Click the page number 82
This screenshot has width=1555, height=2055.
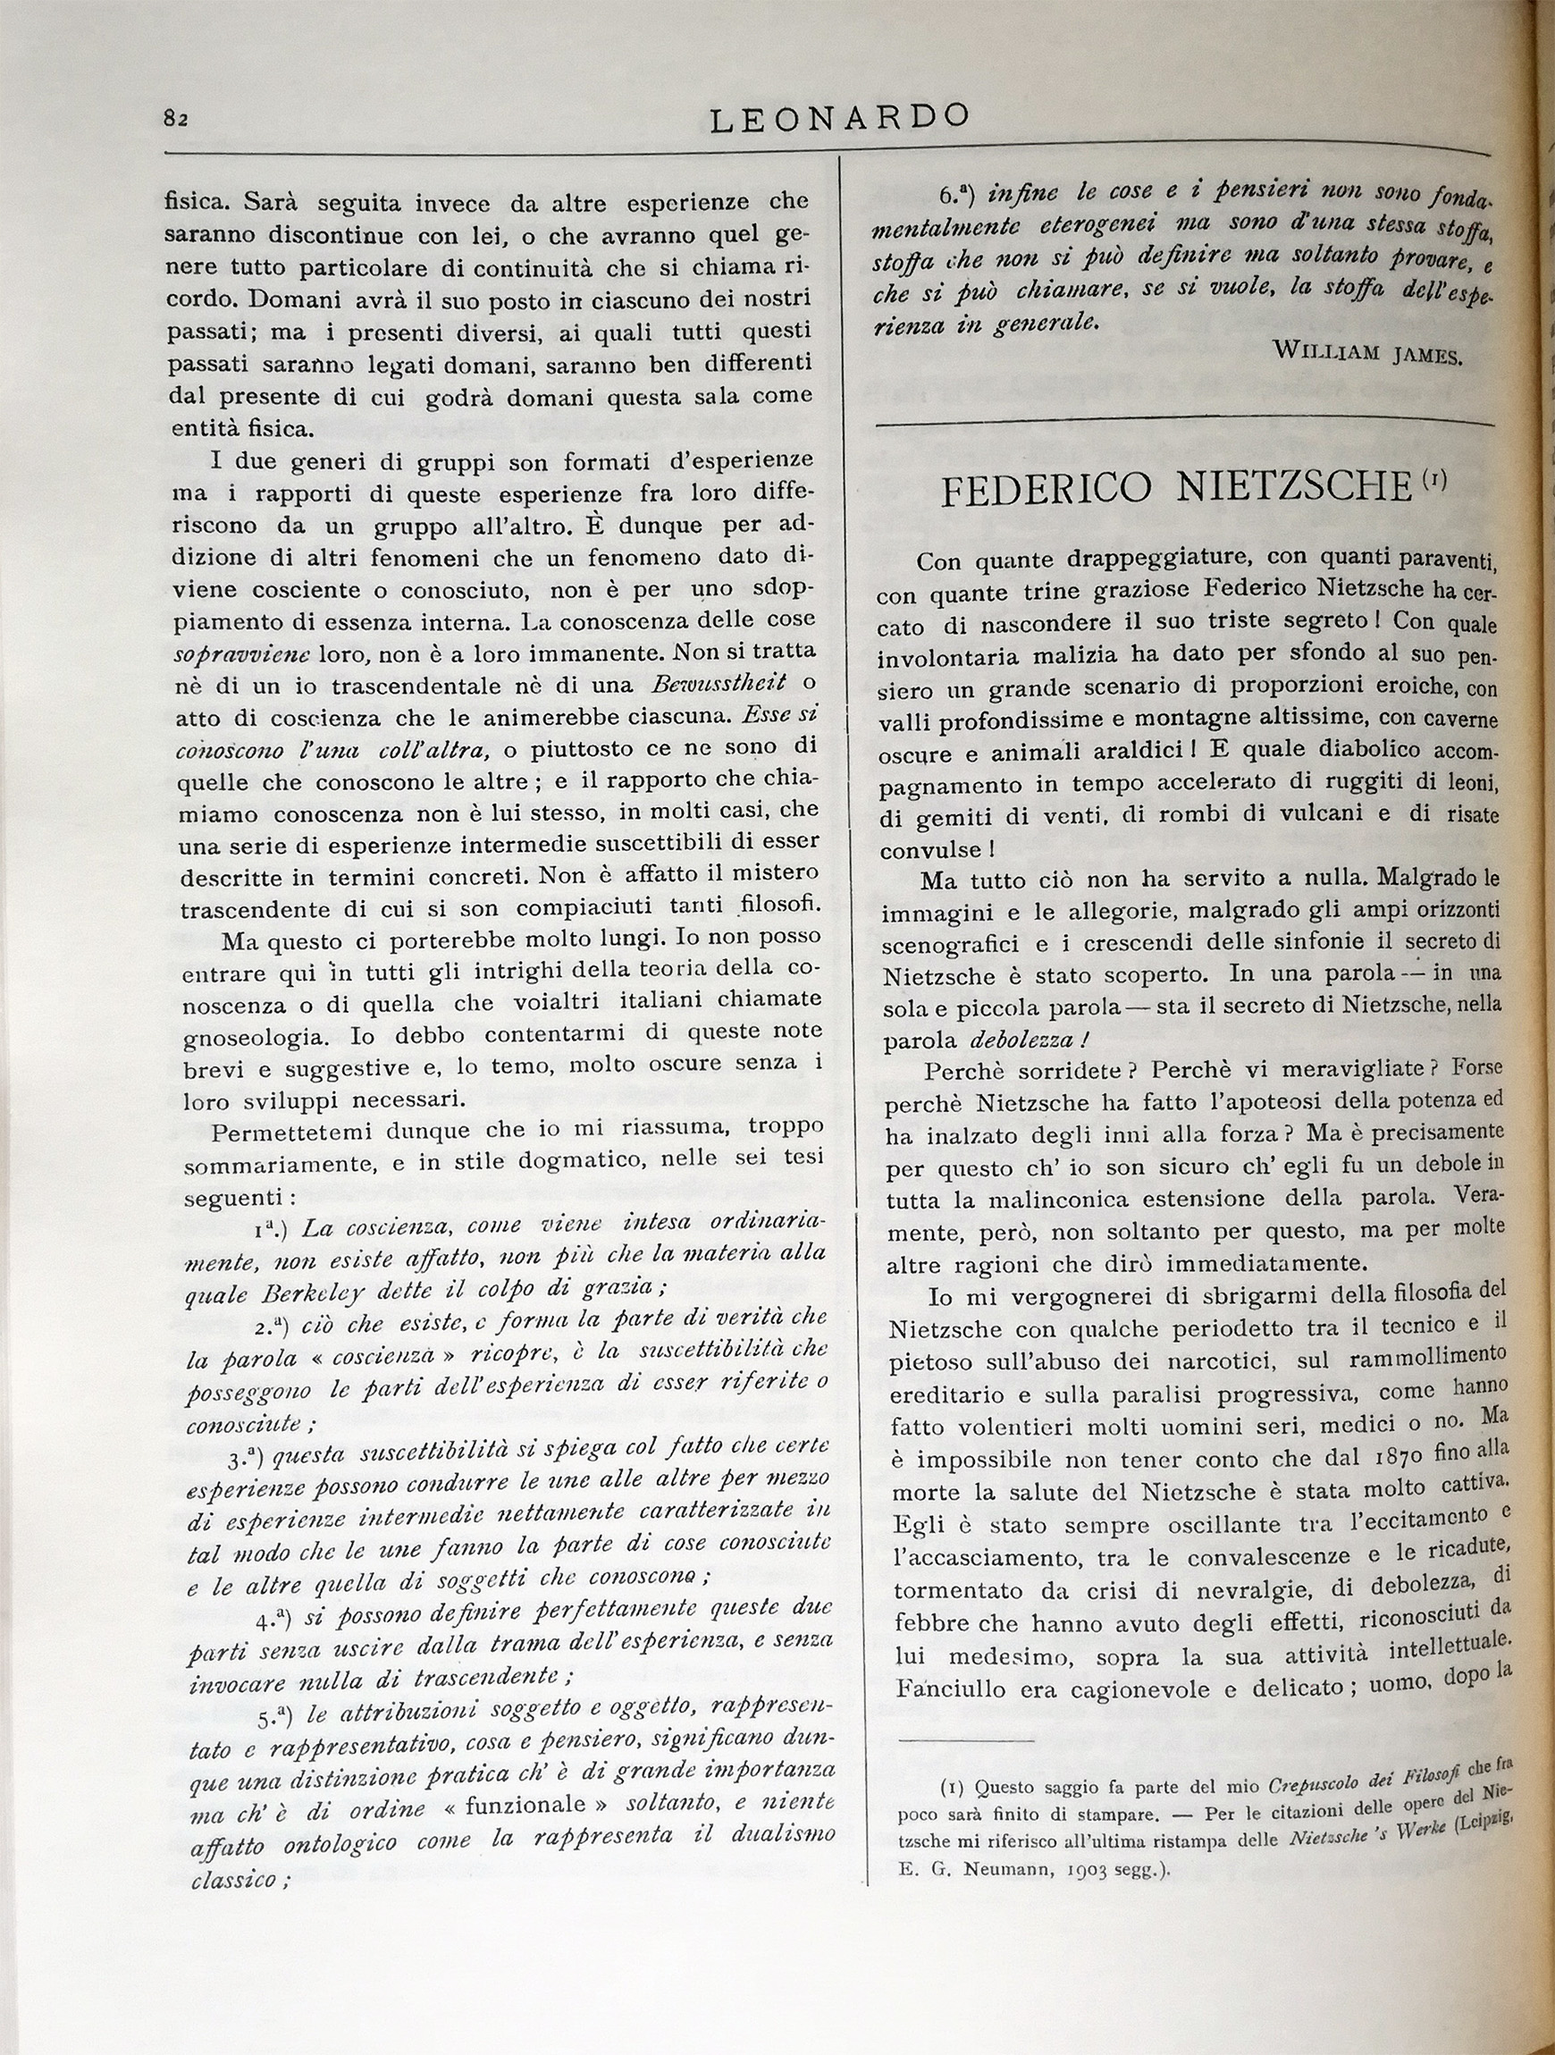(x=176, y=118)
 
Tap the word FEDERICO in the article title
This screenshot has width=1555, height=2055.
(x=1046, y=490)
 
